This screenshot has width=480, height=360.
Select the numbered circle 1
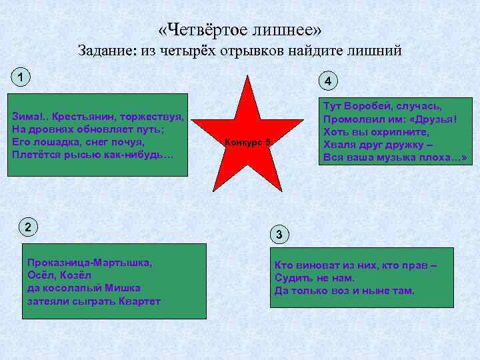click(21, 77)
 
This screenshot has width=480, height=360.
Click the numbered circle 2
click(27, 227)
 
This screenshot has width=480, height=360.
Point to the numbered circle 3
click(280, 234)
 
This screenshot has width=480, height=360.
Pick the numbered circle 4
click(328, 81)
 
